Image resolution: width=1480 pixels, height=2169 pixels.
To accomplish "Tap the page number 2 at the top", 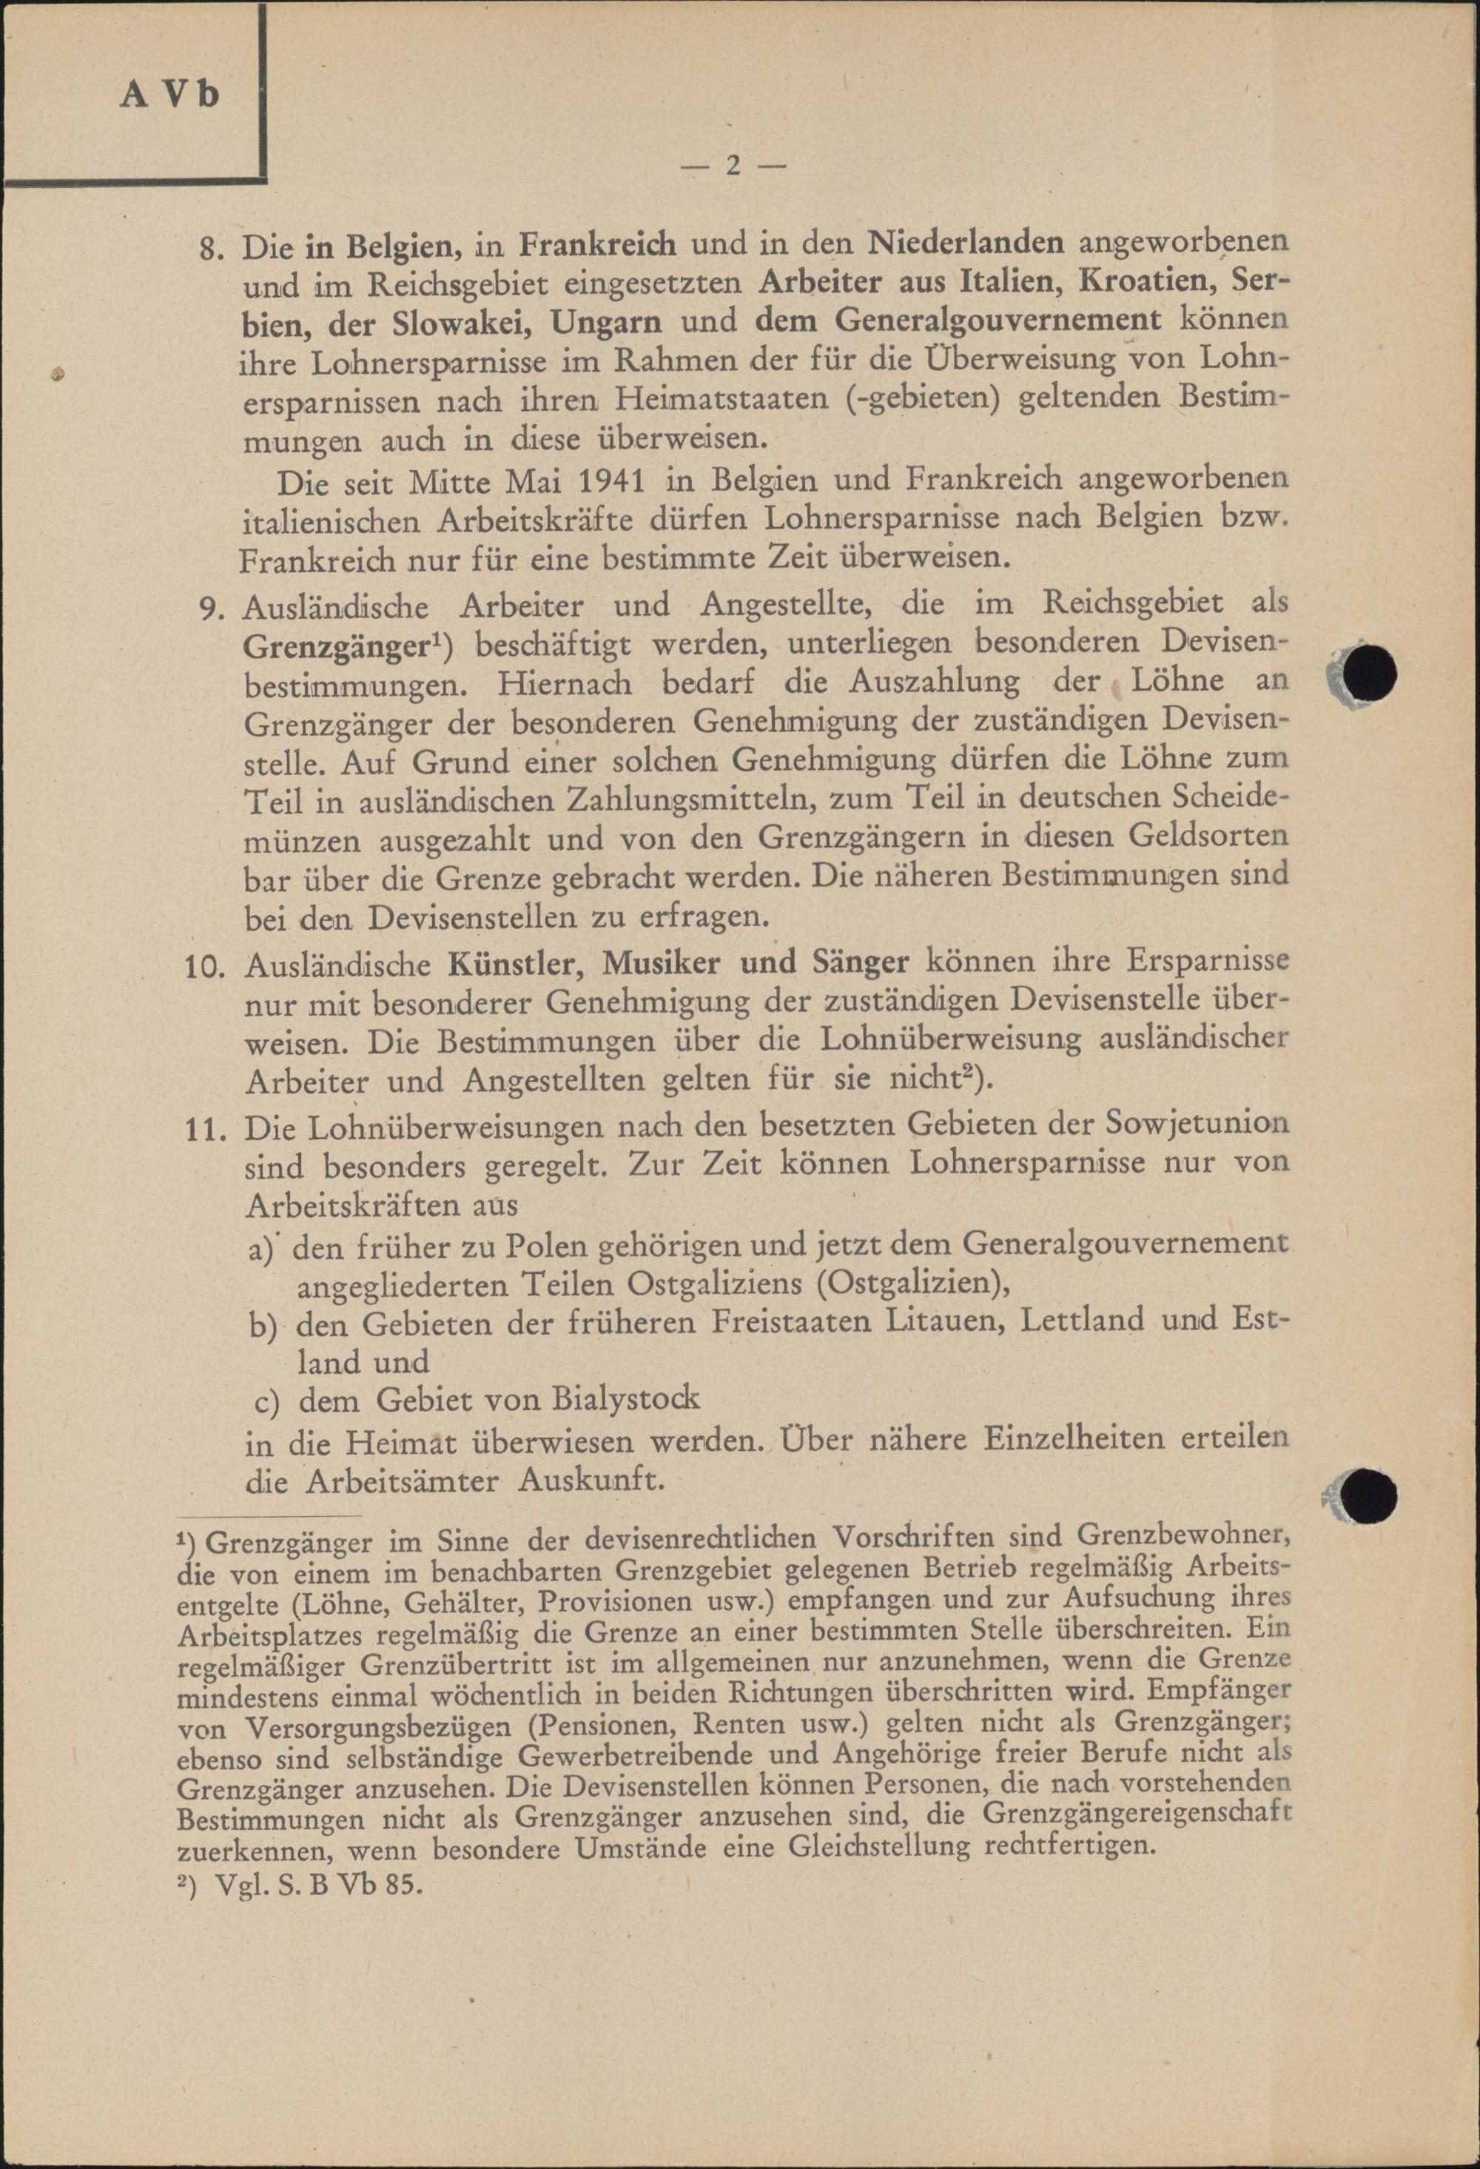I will pos(733,166).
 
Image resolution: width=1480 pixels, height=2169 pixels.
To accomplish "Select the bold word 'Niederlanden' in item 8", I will pos(966,243).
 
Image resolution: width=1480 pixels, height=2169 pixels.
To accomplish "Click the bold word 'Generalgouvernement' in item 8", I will pos(998,321).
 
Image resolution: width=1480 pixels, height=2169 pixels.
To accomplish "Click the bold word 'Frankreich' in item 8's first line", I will pos(597,243).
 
